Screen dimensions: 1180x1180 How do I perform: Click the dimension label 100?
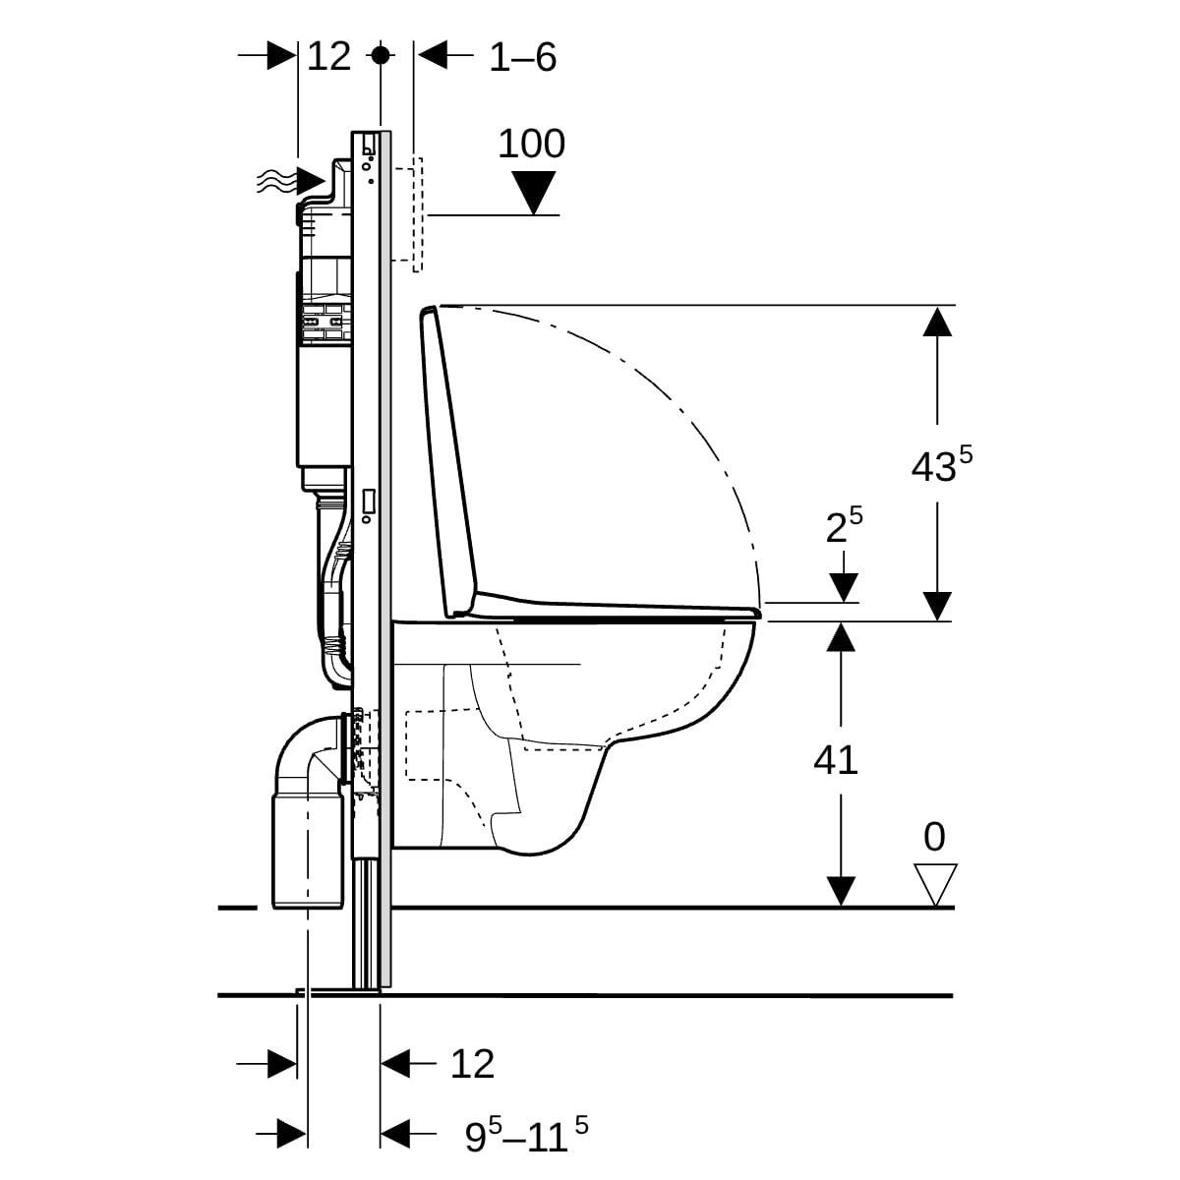click(531, 144)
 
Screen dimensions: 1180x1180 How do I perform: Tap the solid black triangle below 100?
click(534, 192)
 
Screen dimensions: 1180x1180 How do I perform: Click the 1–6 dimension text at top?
click(523, 58)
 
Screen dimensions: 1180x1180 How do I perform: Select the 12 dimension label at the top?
click(328, 56)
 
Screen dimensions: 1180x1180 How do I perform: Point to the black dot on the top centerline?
click(381, 55)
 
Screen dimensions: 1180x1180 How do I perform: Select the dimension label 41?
click(836, 759)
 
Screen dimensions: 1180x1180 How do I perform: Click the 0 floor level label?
click(934, 838)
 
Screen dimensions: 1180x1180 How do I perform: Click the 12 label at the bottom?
click(472, 1063)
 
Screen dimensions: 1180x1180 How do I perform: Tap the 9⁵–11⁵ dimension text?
click(527, 1137)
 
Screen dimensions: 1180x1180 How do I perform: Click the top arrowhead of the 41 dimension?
click(839, 637)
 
